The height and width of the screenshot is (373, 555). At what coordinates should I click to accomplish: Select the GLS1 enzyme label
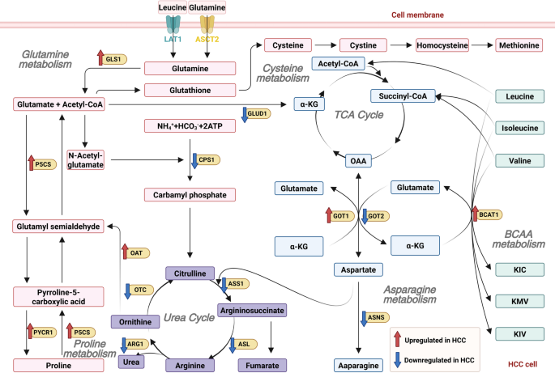point(113,59)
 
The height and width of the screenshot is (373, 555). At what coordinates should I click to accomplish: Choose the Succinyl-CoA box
point(403,96)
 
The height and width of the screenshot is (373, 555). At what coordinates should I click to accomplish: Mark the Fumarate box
point(263,365)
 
